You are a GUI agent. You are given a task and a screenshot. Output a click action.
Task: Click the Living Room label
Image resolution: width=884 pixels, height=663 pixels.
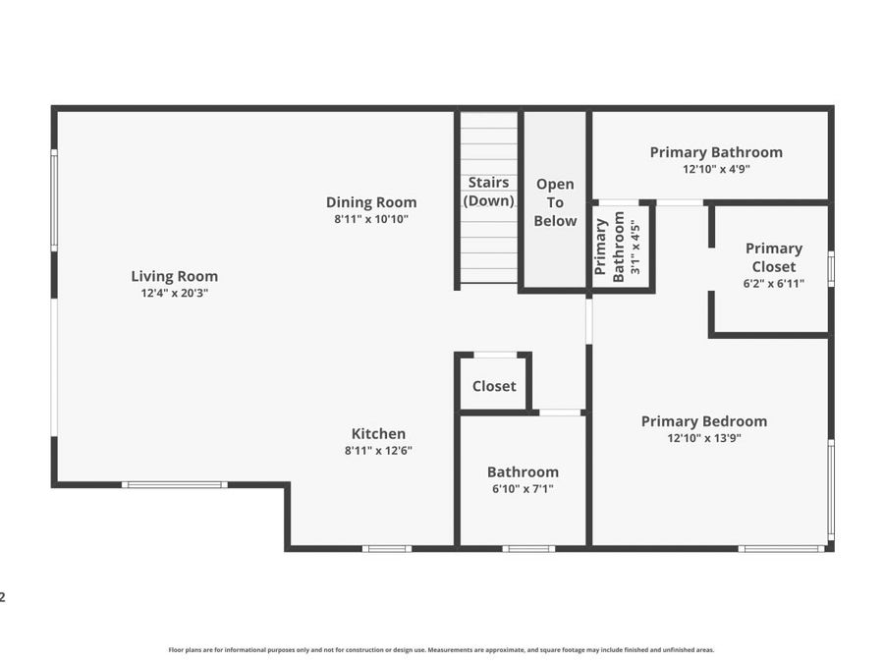174,276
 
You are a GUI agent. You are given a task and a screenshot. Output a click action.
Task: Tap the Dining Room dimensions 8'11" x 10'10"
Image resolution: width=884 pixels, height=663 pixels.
371,219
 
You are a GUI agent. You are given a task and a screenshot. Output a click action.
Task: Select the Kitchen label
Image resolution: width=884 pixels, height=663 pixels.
378,433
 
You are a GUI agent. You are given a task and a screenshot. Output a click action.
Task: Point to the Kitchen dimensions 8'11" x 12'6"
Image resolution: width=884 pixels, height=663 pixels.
378,451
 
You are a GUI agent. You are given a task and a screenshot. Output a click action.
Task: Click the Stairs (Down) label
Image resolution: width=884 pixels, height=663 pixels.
488,192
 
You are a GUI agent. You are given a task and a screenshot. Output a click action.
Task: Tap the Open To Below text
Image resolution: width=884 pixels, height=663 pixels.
555,202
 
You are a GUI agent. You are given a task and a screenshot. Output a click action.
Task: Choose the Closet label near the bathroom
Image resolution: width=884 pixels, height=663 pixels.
494,386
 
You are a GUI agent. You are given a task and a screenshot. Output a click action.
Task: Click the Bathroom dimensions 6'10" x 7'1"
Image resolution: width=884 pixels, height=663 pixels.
523,489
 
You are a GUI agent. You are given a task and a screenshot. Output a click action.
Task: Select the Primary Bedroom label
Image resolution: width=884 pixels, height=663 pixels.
703,421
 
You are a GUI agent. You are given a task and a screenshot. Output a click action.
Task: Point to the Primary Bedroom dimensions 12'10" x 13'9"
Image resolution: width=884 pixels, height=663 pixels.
703,438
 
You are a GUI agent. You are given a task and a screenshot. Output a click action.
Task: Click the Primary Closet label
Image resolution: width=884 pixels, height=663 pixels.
774,257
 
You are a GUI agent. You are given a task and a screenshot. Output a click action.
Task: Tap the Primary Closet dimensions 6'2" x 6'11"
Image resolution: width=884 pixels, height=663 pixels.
774,284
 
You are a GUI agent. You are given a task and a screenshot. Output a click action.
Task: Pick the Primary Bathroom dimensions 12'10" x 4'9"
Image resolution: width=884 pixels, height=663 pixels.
716,169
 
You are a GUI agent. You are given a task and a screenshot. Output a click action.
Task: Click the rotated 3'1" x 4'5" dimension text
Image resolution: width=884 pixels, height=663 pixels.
635,247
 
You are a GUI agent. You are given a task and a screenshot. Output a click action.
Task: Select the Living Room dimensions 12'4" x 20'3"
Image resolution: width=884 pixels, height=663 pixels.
174,293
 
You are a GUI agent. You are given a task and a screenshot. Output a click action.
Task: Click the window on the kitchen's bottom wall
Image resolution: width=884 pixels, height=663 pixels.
387,548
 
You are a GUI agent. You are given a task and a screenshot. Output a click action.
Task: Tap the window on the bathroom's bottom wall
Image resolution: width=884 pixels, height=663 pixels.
528,548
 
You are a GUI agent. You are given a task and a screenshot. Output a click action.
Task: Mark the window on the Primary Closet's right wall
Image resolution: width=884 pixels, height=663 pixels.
831,269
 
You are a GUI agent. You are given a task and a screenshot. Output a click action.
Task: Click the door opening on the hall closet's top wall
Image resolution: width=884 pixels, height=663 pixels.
495,356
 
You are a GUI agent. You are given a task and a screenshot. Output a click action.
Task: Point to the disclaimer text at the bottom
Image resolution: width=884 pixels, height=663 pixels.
441,650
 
